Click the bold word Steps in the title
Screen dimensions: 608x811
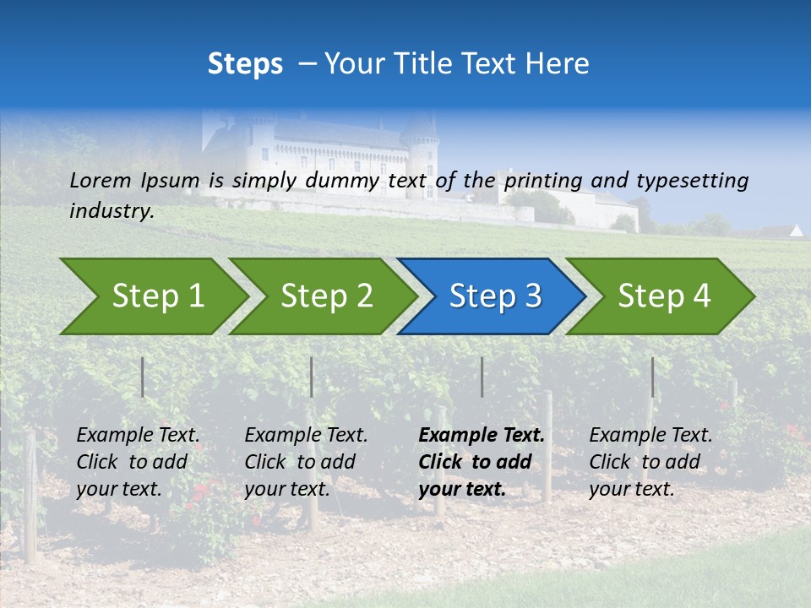click(245, 64)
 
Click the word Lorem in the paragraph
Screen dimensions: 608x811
click(101, 180)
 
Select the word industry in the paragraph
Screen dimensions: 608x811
click(112, 211)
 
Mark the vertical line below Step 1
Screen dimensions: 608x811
click(142, 377)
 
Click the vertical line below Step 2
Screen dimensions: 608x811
click(311, 377)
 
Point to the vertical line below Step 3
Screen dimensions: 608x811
click(482, 377)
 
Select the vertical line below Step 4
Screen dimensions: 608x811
click(652, 377)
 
